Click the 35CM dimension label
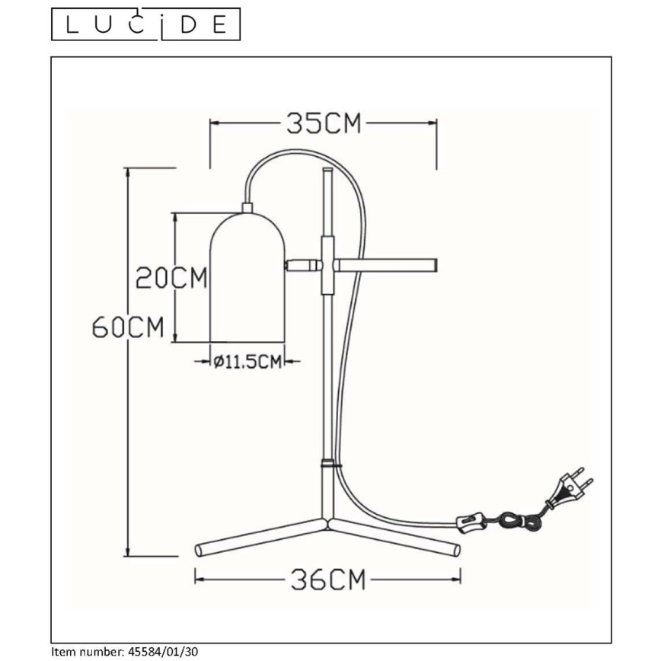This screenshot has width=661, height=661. (x=324, y=123)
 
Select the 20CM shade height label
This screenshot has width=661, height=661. (x=171, y=278)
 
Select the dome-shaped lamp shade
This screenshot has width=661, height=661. (x=247, y=278)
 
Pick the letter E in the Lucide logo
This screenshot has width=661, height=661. (x=219, y=24)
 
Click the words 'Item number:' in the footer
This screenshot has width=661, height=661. (x=84, y=653)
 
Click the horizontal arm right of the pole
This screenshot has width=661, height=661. (x=387, y=264)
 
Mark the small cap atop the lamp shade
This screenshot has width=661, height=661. (x=247, y=207)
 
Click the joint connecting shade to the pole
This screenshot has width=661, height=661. (x=303, y=265)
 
